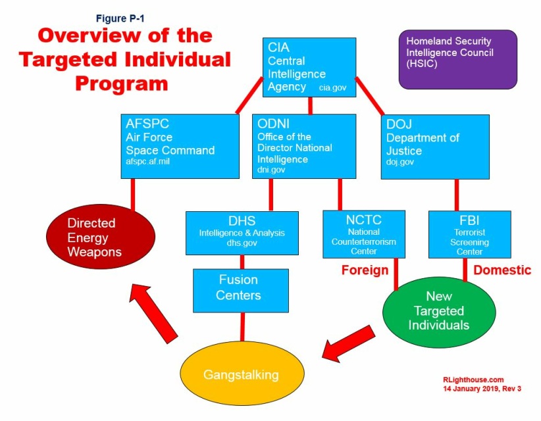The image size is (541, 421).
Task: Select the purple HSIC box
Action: pos(457,59)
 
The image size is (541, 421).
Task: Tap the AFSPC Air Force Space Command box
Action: pos(180,145)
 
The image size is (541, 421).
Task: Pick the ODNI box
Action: pos(303,145)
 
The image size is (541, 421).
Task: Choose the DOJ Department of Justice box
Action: pos(435,145)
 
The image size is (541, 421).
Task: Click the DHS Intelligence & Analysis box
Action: pos(242,232)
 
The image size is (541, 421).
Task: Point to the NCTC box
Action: pos(364,234)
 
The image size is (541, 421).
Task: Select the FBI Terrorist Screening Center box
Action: pos(469,234)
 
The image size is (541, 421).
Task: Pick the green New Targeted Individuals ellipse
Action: pos(436,310)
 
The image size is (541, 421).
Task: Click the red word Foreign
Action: pos(364,270)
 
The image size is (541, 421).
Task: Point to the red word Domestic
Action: pos(502,270)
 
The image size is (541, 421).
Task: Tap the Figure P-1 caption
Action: pos(115,18)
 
